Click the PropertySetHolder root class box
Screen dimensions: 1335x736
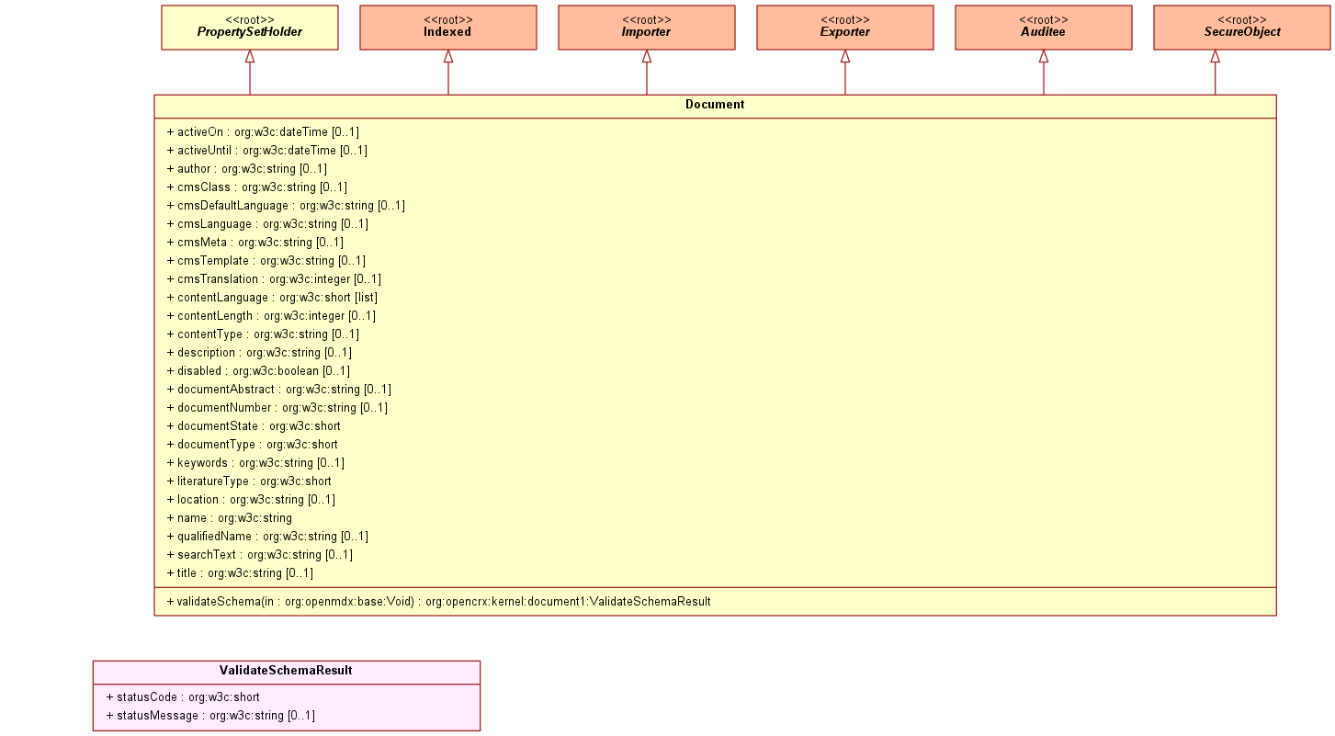click(x=250, y=28)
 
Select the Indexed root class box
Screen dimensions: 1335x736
click(x=448, y=28)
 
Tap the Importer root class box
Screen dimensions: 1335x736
click(x=647, y=28)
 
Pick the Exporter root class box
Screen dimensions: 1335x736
click(x=845, y=28)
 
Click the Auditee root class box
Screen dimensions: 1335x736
click(x=1044, y=28)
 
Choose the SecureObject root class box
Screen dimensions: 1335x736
click(x=1242, y=28)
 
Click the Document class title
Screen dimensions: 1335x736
click(x=715, y=105)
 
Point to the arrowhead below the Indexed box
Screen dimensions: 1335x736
click(x=448, y=57)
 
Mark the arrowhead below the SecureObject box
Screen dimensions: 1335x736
click(x=1216, y=57)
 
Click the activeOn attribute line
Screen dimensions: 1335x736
click(x=263, y=132)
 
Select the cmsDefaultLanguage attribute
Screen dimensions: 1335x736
click(x=286, y=206)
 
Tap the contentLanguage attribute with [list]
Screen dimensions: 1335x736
click(x=272, y=298)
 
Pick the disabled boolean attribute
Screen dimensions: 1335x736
click(x=258, y=370)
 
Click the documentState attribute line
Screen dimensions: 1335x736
click(x=254, y=426)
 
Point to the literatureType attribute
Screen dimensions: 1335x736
click(x=248, y=481)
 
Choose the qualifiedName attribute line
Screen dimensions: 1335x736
click(x=267, y=537)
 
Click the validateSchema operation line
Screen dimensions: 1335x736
click(x=438, y=602)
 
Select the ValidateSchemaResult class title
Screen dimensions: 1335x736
click(x=286, y=671)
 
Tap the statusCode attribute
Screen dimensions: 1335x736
click(x=182, y=697)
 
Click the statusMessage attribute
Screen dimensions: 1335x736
click(x=210, y=716)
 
